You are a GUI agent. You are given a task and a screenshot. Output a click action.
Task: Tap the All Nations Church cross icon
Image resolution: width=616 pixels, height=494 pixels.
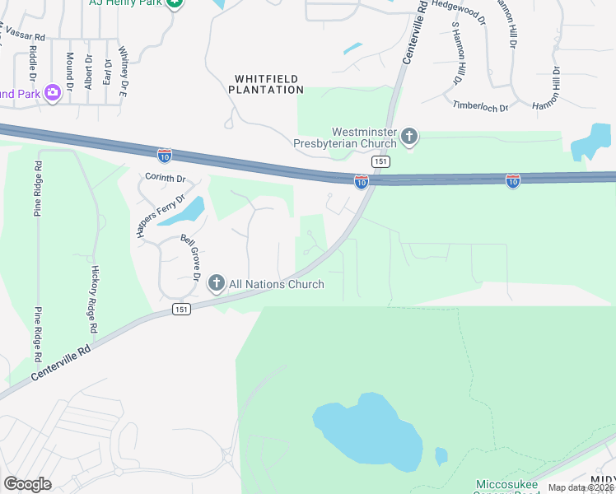[217, 284]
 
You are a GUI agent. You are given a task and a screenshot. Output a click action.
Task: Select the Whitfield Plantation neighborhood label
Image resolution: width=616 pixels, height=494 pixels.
[269, 84]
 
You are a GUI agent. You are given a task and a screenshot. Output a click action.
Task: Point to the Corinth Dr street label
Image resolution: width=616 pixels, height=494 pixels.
[166, 178]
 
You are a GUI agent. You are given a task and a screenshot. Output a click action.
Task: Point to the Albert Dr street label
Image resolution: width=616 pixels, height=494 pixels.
[87, 73]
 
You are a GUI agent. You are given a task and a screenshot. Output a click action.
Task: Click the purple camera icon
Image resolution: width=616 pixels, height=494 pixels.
[54, 93]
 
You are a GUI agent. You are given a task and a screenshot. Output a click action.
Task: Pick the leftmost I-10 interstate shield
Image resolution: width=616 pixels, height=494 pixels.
[165, 154]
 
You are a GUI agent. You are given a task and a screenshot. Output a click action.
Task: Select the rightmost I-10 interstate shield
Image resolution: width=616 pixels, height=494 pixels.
[513, 180]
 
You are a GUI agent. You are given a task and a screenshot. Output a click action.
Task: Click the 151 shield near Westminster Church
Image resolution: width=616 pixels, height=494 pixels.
[380, 162]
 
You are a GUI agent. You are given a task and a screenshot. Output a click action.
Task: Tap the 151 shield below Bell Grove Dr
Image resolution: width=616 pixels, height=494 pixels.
[183, 309]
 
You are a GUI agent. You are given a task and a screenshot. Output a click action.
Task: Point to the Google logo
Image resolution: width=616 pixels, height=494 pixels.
[27, 484]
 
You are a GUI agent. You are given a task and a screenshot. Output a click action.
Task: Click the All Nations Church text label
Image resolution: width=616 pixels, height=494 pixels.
[277, 284]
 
